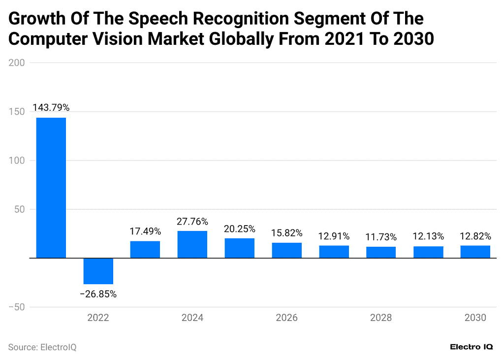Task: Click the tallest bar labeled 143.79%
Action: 51,188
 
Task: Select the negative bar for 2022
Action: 98,271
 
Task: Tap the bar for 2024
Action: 192,244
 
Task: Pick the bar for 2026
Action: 286,250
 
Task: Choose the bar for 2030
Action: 475,252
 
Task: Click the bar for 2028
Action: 381,252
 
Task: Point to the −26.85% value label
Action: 98,294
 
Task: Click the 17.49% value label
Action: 145,231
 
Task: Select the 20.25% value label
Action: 240,229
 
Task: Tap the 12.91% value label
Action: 334,236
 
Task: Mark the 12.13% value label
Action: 428,236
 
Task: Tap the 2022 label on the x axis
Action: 98,318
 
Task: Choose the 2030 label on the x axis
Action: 475,318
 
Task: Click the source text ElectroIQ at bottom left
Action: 42,347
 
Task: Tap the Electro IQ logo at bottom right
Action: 471,347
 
